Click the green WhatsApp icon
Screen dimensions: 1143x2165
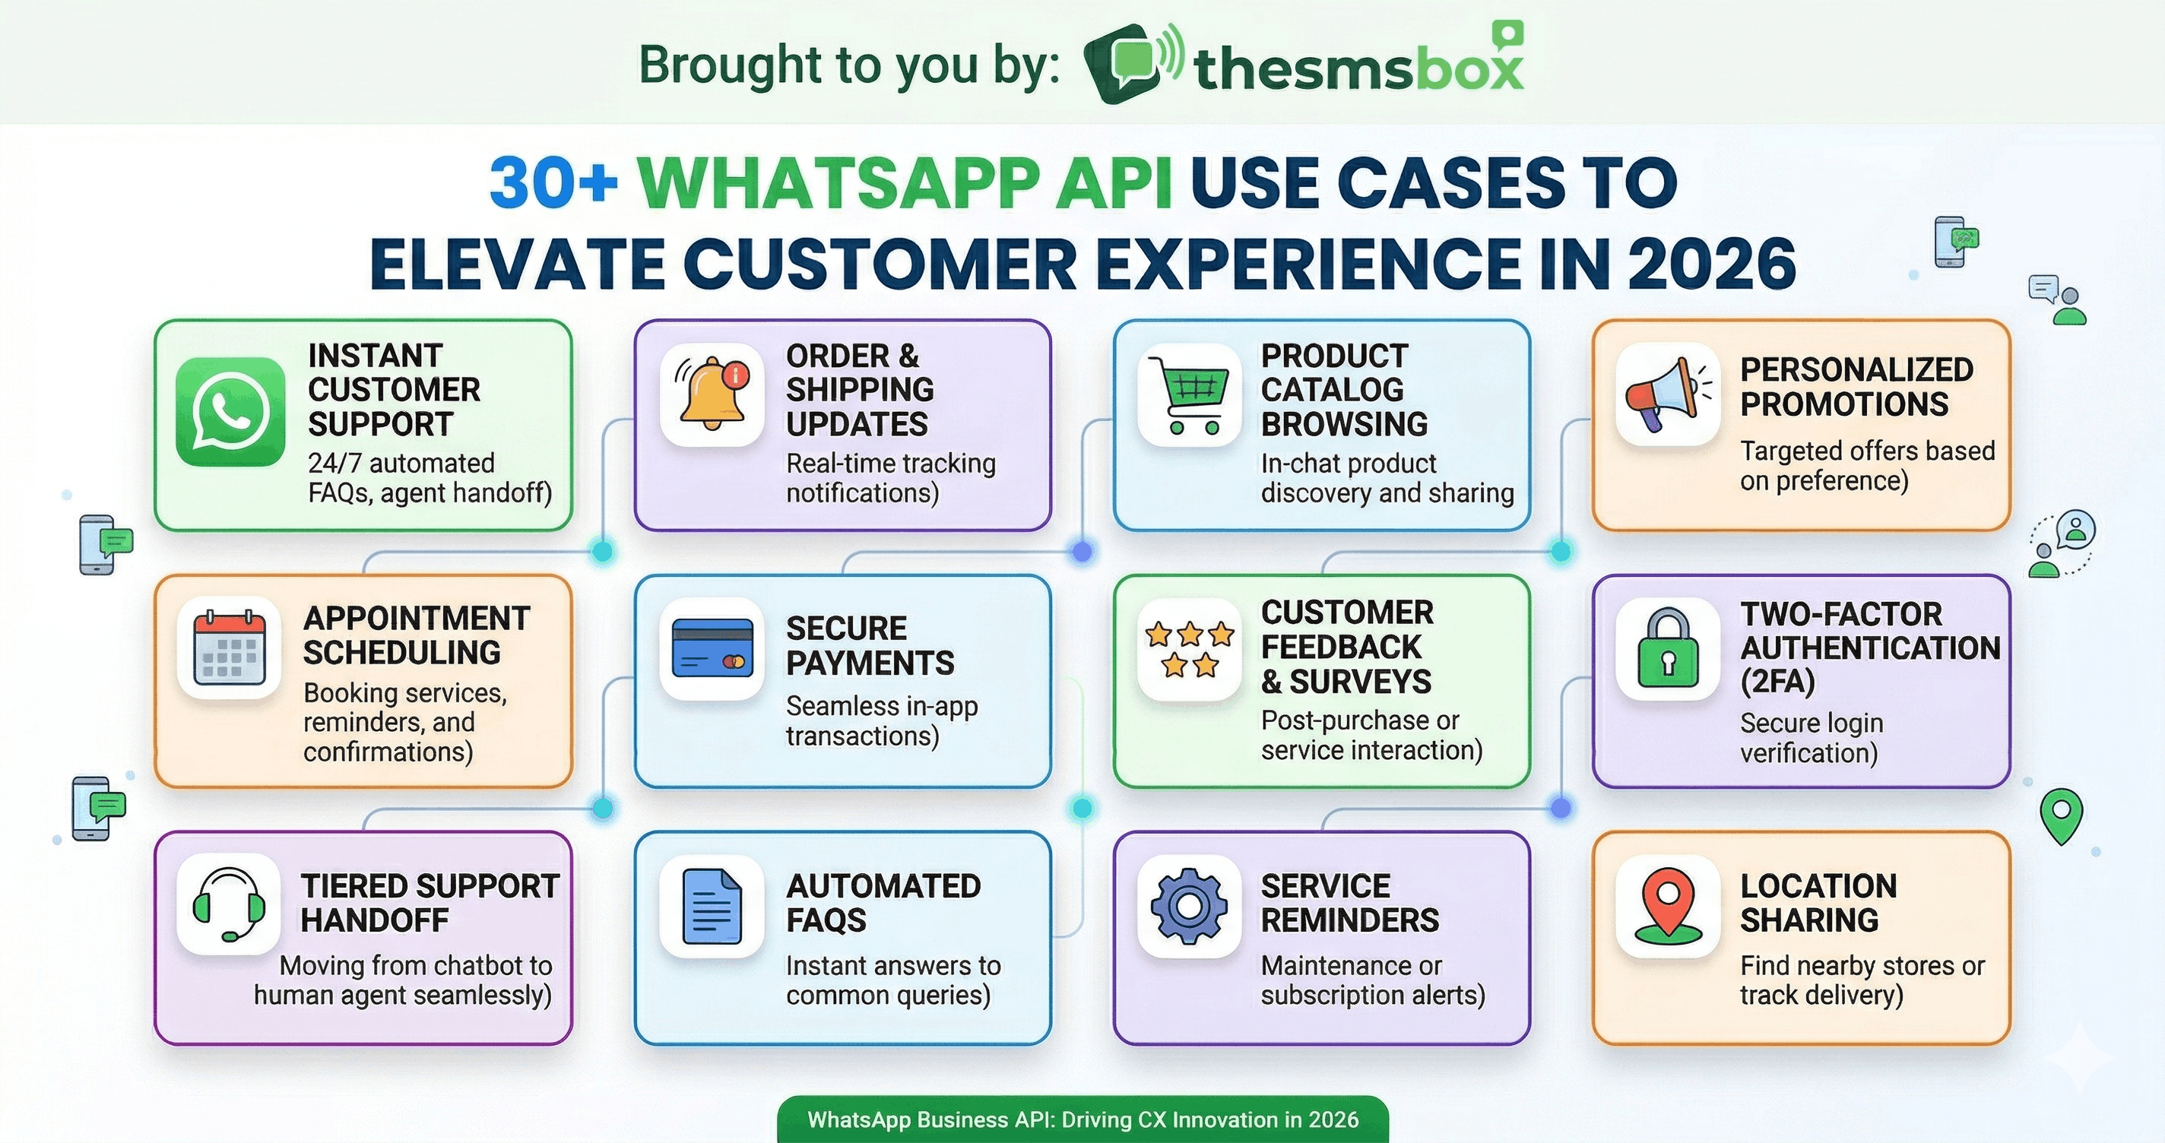230,412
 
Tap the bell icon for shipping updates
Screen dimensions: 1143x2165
712,394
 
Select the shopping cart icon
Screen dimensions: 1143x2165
1189,395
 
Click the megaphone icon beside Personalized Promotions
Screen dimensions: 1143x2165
1667,394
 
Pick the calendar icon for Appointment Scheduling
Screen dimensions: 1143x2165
230,648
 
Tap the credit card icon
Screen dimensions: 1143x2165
712,649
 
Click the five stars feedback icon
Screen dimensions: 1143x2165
1189,649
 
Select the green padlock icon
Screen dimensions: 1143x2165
1667,649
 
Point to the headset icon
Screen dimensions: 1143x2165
230,904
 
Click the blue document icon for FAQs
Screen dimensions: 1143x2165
712,906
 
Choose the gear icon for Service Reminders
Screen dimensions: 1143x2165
1189,906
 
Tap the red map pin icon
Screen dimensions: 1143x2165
1667,906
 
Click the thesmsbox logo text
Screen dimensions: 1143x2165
1358,67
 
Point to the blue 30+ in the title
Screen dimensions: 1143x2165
553,182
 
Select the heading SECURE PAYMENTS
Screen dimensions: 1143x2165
870,645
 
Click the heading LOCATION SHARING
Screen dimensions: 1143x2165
1818,903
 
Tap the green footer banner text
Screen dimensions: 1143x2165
1082,1119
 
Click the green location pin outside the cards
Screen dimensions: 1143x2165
2061,813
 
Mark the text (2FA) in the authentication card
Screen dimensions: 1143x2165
1777,681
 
